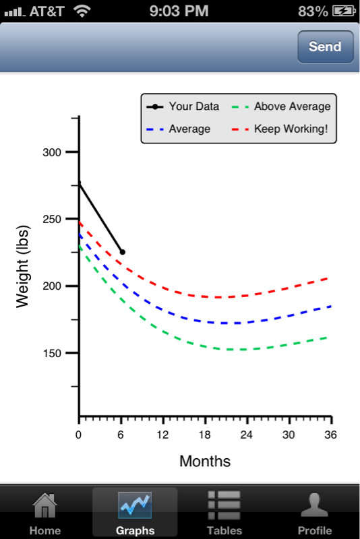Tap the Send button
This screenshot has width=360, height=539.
pyautogui.click(x=325, y=46)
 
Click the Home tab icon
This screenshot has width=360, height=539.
pyautogui.click(x=45, y=505)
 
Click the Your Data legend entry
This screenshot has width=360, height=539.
pyautogui.click(x=183, y=106)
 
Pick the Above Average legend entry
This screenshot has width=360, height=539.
pyautogui.click(x=281, y=106)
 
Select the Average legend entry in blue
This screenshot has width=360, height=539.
pyautogui.click(x=178, y=129)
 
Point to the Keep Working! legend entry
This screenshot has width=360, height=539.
pyautogui.click(x=280, y=129)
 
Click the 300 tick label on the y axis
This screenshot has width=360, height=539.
pyautogui.click(x=52, y=152)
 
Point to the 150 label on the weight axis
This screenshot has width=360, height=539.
pyautogui.click(x=52, y=353)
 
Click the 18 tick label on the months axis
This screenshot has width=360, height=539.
pyautogui.click(x=204, y=435)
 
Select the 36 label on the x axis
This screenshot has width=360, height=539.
pyautogui.click(x=330, y=435)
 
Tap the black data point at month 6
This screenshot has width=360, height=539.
pyautogui.click(x=123, y=252)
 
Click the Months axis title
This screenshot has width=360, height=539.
pyautogui.click(x=205, y=461)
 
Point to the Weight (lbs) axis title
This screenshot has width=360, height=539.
pyautogui.click(x=23, y=266)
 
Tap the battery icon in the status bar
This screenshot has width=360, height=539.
pyautogui.click(x=344, y=11)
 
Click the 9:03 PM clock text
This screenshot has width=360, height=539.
pyautogui.click(x=179, y=11)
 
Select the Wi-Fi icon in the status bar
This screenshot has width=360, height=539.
pyautogui.click(x=82, y=11)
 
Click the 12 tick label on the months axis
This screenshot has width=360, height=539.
pyautogui.click(x=162, y=435)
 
